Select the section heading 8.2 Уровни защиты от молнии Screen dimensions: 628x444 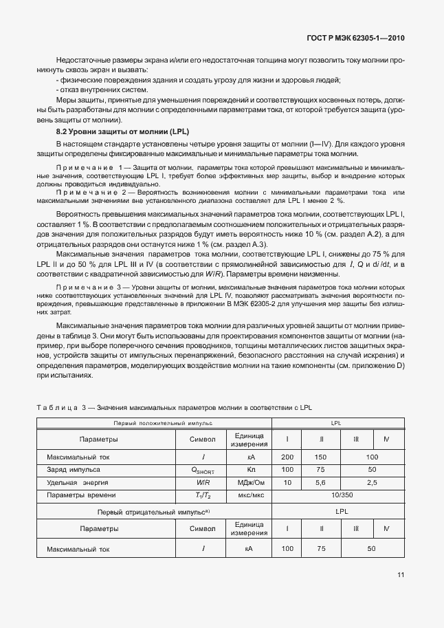click(122, 131)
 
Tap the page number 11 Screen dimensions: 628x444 click(401, 576)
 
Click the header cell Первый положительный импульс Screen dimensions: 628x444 click(154, 422)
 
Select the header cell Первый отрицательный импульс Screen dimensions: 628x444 click(154, 512)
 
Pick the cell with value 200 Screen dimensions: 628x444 click(287, 457)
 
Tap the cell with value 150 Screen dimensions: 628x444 click(321, 457)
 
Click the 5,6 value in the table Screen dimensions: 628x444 click(321, 482)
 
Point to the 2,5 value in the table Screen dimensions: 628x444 click(372, 482)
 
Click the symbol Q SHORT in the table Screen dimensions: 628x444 click(203, 470)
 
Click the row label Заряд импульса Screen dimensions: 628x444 click(73, 469)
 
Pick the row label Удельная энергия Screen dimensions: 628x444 click(75, 482)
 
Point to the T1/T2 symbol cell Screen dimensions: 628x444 click(203, 495)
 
